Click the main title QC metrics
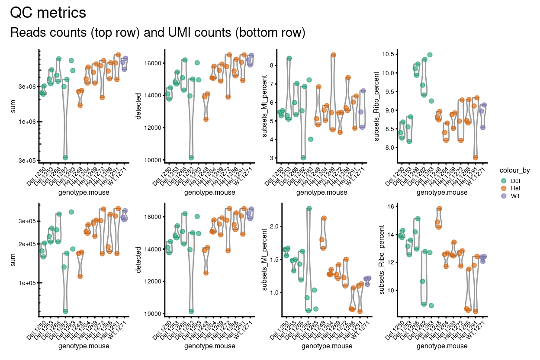pyautogui.click(x=48, y=13)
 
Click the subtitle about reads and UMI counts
pyautogui.click(x=157, y=32)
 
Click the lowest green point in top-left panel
pyautogui.click(x=65, y=157)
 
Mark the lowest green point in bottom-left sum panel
pyautogui.click(x=65, y=311)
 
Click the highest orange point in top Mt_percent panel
pyautogui.click(x=333, y=55)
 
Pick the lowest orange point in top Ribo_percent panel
pyautogui.click(x=476, y=157)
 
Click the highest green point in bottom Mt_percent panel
pyautogui.click(x=309, y=209)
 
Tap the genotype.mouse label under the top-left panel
pyautogui.click(x=84, y=193)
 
